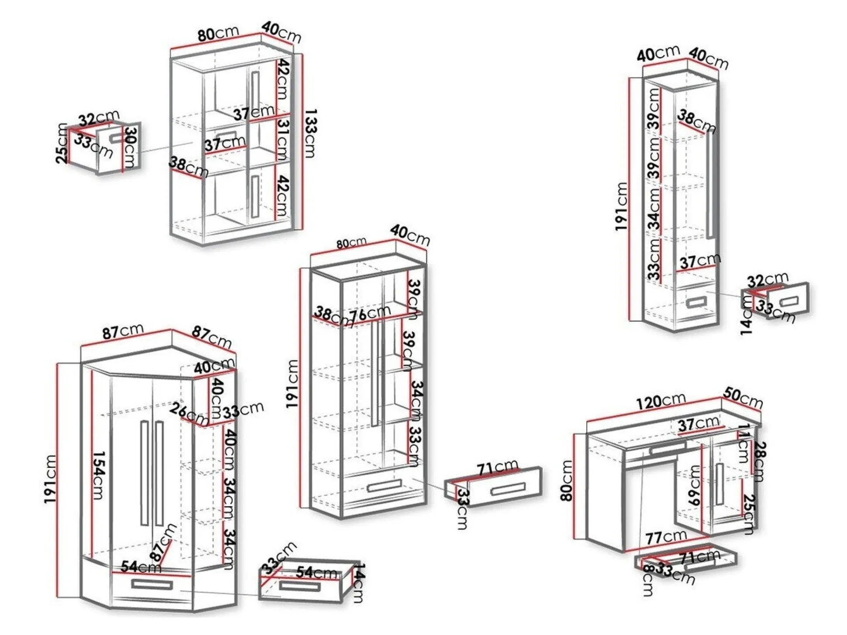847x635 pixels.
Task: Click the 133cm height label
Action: [x=310, y=134]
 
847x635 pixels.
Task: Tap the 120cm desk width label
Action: [x=660, y=401]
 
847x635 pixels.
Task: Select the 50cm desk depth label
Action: [x=743, y=398]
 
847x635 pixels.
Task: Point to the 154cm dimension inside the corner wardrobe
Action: [x=99, y=476]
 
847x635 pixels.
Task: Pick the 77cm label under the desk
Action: [x=666, y=537]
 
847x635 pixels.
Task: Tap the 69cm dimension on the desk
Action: [x=694, y=485]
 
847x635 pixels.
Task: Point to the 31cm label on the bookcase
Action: [x=283, y=139]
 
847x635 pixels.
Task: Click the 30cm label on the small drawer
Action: [x=130, y=148]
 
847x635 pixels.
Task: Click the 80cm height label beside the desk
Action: [x=567, y=481]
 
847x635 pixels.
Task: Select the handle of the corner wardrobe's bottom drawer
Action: [x=152, y=584]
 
